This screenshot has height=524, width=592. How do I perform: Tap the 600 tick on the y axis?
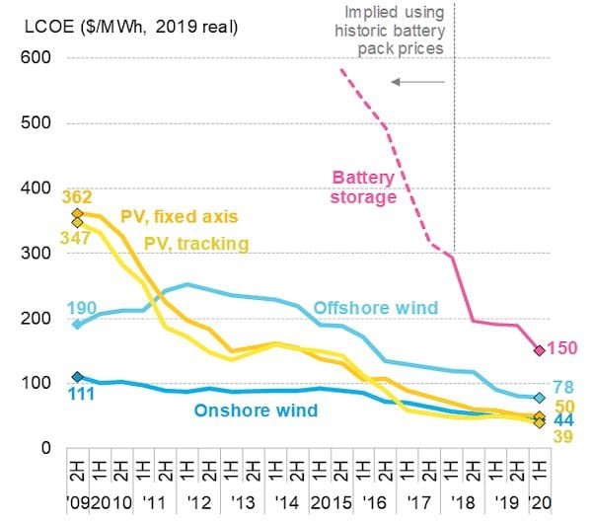tap(34, 58)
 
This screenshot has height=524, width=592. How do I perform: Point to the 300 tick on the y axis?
tap(34, 254)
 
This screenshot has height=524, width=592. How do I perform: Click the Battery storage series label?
tap(363, 187)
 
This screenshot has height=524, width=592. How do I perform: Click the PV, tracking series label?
tap(195, 242)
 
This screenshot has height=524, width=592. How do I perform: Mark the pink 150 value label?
tap(562, 347)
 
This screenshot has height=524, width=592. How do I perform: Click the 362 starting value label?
tap(77, 197)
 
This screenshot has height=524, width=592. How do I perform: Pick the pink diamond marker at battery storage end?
tap(539, 350)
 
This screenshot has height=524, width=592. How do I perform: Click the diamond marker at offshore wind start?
tap(77, 324)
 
